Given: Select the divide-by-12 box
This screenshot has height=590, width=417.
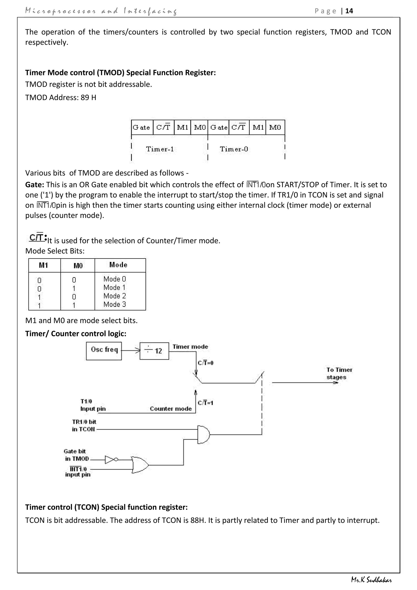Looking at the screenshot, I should coord(154,351).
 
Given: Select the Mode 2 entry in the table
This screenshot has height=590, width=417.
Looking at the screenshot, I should coord(114,296).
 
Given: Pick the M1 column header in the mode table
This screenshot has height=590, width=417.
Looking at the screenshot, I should coord(43,265).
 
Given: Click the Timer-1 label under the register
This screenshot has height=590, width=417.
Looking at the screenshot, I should coord(160,149).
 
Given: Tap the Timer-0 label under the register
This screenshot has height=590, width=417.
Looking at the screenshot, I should coord(234,149).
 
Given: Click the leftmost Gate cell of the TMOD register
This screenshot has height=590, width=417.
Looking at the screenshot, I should coord(142,128).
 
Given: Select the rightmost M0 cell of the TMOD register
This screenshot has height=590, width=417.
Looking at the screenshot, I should coord(275,128).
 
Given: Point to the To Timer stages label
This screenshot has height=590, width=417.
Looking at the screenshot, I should coord(339,373).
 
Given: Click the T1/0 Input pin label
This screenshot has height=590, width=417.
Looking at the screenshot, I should coord(93,405).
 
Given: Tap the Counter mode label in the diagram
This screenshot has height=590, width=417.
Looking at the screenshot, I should coord(170,409).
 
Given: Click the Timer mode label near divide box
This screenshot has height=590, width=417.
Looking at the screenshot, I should coord(190,347).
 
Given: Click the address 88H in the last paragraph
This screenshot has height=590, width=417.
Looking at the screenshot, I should coord(198,520).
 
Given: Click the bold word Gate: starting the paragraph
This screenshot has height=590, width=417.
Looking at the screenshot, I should coord(35,185).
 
